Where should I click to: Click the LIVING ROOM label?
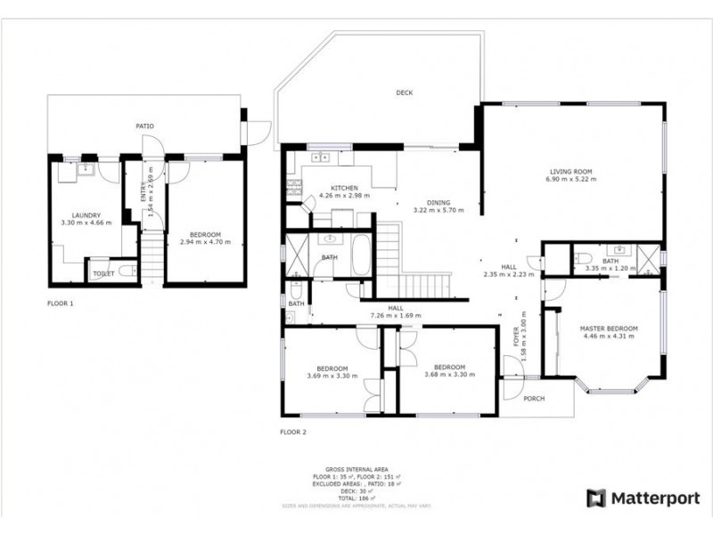click(571, 171)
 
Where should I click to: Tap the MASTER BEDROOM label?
click(609, 328)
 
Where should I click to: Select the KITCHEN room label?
click(345, 188)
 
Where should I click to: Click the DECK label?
click(405, 93)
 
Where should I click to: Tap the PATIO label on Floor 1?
click(144, 127)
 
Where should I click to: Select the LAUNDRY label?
click(86, 214)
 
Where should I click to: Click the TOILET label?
click(103, 273)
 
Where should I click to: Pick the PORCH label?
click(535, 398)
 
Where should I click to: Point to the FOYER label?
click(515, 338)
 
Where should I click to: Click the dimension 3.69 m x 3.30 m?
click(332, 376)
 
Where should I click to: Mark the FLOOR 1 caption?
click(61, 303)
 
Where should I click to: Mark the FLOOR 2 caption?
click(292, 433)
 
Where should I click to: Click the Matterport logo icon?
click(595, 498)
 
